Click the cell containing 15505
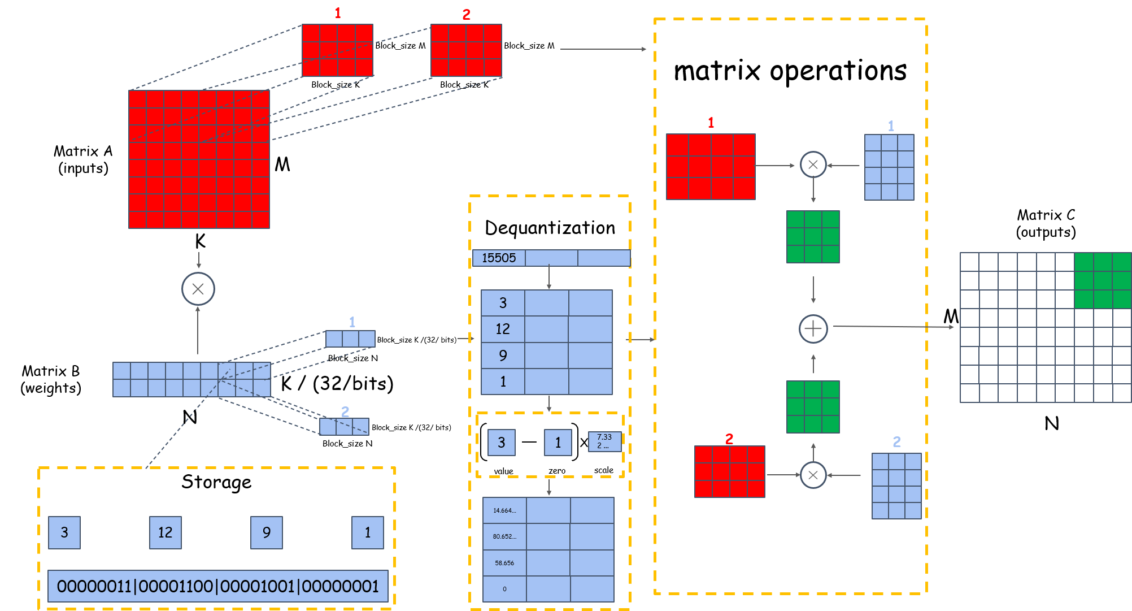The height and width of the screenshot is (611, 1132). click(499, 258)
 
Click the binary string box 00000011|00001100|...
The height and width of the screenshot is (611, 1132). click(218, 586)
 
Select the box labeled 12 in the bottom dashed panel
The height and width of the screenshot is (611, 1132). click(165, 532)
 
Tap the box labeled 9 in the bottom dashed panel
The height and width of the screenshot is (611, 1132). click(267, 532)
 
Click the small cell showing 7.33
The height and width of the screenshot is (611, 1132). click(604, 441)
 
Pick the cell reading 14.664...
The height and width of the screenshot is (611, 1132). click(504, 510)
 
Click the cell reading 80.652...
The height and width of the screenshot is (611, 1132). click(504, 536)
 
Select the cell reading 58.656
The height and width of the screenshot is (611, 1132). click(504, 563)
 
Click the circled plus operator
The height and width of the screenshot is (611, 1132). click(813, 328)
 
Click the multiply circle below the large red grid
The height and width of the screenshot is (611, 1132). click(198, 289)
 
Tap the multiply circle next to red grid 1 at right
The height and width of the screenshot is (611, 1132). click(813, 164)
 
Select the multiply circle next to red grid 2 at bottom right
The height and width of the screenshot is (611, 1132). click(813, 475)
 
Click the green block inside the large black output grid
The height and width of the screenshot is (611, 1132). click(1102, 280)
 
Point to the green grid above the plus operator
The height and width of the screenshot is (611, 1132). click(813, 237)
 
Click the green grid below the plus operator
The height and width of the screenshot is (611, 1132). click(813, 407)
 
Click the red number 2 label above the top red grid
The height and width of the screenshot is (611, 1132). click(466, 15)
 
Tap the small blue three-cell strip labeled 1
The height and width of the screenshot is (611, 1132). click(350, 339)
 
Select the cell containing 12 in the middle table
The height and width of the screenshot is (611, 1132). click(503, 329)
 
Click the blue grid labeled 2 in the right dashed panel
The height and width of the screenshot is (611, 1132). click(896, 486)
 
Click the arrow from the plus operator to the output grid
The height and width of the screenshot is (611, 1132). click(892, 327)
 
